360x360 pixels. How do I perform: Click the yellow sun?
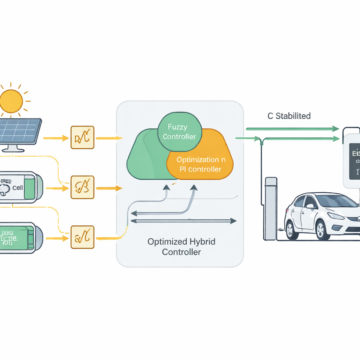coord(11,101)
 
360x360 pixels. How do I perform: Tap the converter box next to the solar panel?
coord(83,137)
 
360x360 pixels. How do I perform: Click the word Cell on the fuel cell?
coord(18,188)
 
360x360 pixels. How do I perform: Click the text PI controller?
coord(200,169)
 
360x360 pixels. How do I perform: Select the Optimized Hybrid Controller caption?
coord(181,247)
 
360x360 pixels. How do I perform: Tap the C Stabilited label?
coord(289,116)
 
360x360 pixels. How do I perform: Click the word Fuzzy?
coord(178,127)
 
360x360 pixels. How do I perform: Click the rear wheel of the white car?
coord(292,230)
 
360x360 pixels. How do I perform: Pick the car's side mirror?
coord(310,206)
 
